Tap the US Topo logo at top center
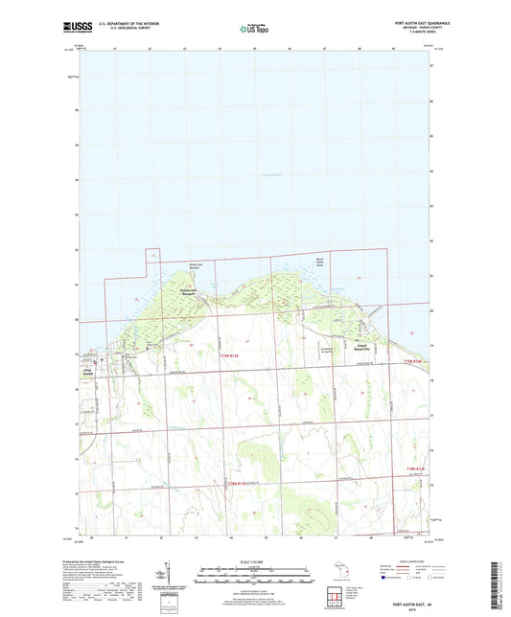pos(255,29)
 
